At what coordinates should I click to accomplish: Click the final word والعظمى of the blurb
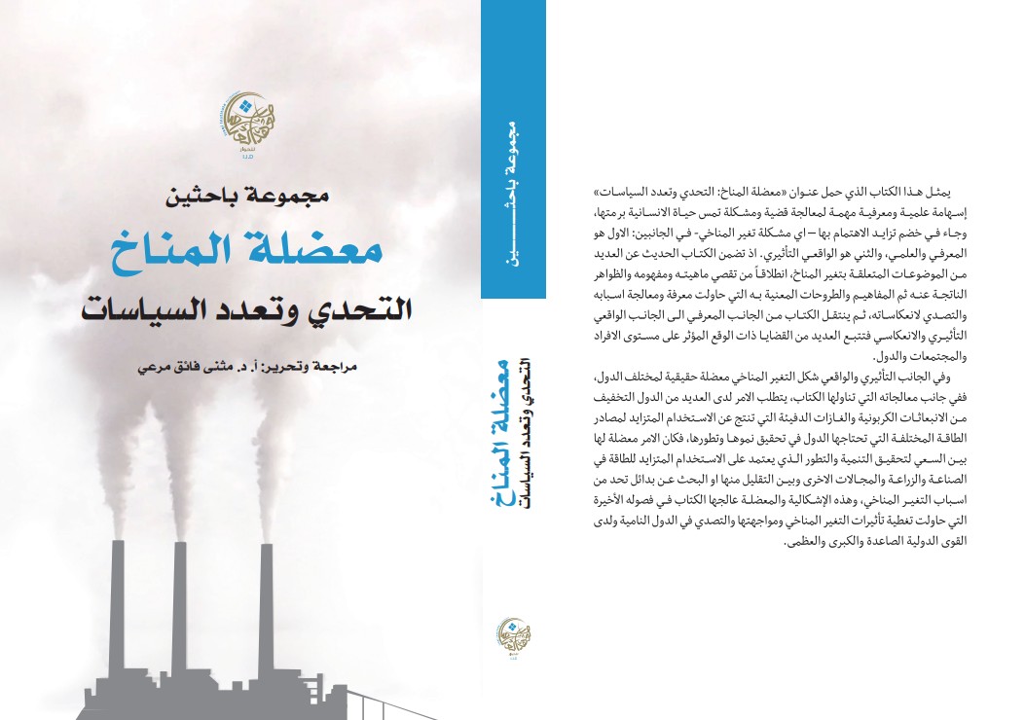tap(768, 542)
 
